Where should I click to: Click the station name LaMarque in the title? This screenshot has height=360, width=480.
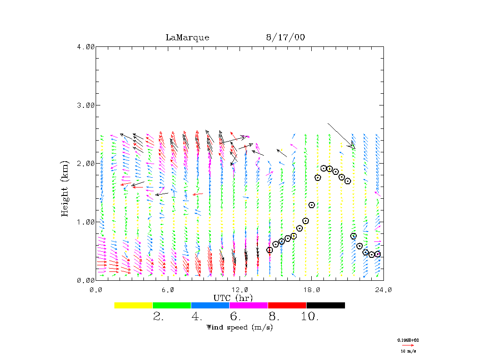(x=187, y=37)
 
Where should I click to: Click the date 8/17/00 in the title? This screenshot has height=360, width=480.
(x=285, y=37)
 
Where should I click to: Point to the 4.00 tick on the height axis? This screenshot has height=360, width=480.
(x=86, y=46)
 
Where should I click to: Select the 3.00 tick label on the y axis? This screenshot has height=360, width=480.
(x=86, y=105)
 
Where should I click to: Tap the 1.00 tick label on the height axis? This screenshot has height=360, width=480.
(x=86, y=222)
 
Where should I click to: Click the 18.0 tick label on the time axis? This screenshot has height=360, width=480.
(x=311, y=290)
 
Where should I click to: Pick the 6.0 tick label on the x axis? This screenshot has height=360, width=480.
(x=167, y=290)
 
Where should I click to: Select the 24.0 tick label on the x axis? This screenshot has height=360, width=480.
(x=383, y=290)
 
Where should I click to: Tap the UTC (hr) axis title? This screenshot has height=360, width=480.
(x=233, y=298)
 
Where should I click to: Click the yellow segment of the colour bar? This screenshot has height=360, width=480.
(x=134, y=305)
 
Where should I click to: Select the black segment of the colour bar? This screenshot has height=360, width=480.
(x=325, y=305)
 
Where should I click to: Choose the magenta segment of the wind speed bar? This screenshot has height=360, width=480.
(x=248, y=305)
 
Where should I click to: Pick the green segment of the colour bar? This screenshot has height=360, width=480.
(x=172, y=305)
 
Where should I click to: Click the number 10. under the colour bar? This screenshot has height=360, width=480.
(x=310, y=317)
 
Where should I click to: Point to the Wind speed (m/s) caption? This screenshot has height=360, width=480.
(x=239, y=327)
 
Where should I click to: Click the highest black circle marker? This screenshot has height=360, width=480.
(x=323, y=168)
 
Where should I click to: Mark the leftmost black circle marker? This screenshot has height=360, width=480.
(x=270, y=250)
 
